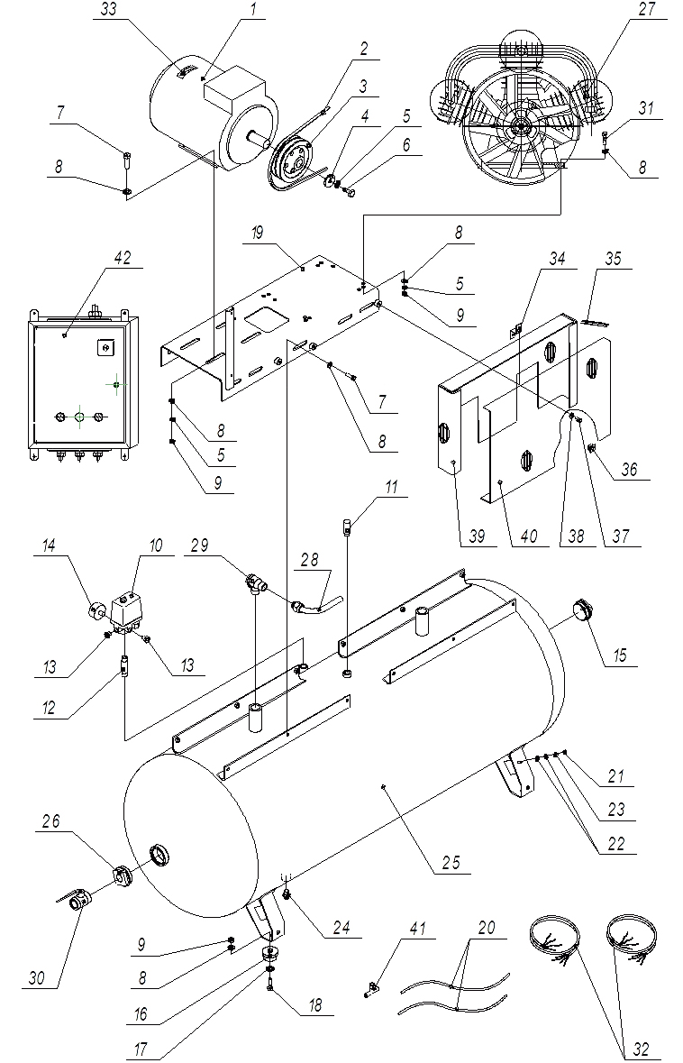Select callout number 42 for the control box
point(123,259)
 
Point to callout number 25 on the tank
point(451,862)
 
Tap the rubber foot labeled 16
point(267,954)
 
